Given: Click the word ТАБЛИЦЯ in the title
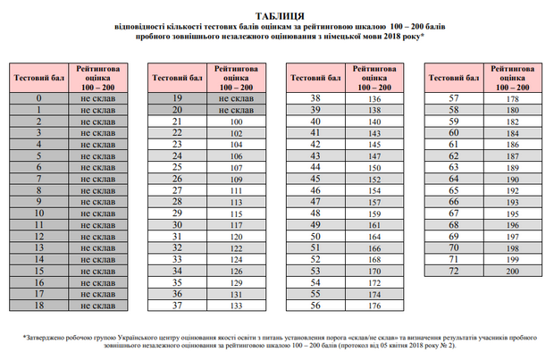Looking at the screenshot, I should tap(279, 15).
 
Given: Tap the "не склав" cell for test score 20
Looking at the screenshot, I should tap(236, 109).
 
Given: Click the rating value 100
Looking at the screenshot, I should tap(236, 121).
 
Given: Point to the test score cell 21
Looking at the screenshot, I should tap(177, 121).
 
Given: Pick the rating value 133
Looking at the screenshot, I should tap(236, 306).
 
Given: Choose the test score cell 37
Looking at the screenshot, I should tap(177, 306).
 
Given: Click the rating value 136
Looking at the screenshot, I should tap(374, 97).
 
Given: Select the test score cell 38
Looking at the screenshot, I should tap(315, 97).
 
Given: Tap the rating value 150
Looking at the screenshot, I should tap(374, 167).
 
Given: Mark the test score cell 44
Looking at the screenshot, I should tap(315, 167).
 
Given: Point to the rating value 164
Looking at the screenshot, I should tap(374, 236).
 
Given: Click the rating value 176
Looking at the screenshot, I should tap(374, 306).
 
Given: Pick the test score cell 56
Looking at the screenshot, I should tap(315, 306).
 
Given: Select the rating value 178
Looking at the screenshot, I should tap(512, 97).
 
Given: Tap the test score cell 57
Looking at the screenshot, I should tap(453, 97).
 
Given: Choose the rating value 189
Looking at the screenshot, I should tap(512, 167).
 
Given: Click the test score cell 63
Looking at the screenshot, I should tap(453, 167).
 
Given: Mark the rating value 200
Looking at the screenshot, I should tap(512, 271).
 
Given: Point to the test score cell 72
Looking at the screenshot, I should tap(453, 271).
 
